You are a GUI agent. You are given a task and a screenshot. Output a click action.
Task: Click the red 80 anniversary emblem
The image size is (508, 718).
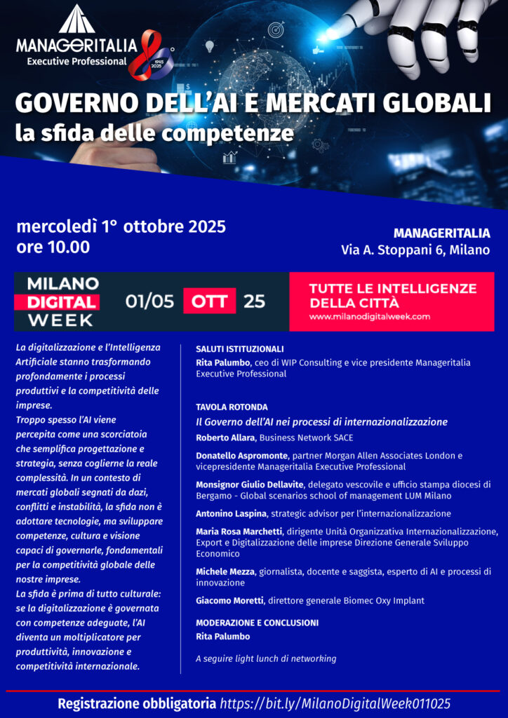coord(154,53)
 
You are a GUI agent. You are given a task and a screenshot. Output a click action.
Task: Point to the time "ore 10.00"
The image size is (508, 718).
coord(53,247)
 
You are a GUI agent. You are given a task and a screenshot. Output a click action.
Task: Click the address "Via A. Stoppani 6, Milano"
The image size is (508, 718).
coord(415,250)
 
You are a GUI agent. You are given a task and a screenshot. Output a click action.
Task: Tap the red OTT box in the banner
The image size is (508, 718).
coord(209,302)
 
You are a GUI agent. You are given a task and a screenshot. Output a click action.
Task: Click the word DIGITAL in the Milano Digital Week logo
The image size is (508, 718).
coord(62,302)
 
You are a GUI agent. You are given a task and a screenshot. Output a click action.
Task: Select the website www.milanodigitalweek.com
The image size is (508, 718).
coord(370,317)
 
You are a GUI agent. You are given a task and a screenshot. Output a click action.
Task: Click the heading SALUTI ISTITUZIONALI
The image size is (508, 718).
coord(239,348)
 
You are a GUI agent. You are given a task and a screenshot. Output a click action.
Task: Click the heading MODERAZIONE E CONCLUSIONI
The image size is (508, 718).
coord(257,623)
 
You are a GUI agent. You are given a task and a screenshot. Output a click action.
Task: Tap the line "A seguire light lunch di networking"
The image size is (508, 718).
coord(266,658)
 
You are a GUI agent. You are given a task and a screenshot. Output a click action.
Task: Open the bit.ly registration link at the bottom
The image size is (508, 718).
coord(335,703)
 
